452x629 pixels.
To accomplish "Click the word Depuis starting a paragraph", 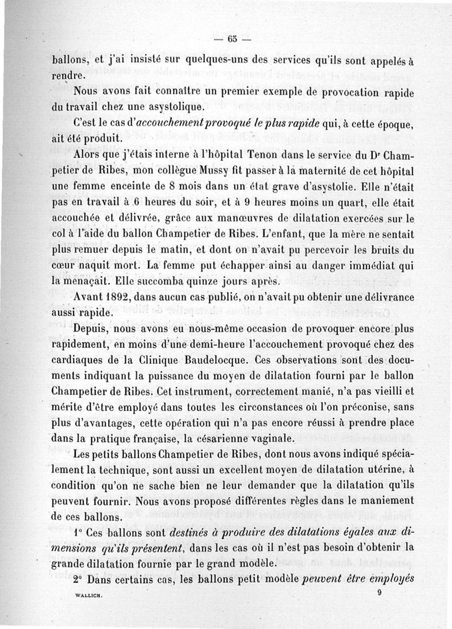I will (x=92, y=328).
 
